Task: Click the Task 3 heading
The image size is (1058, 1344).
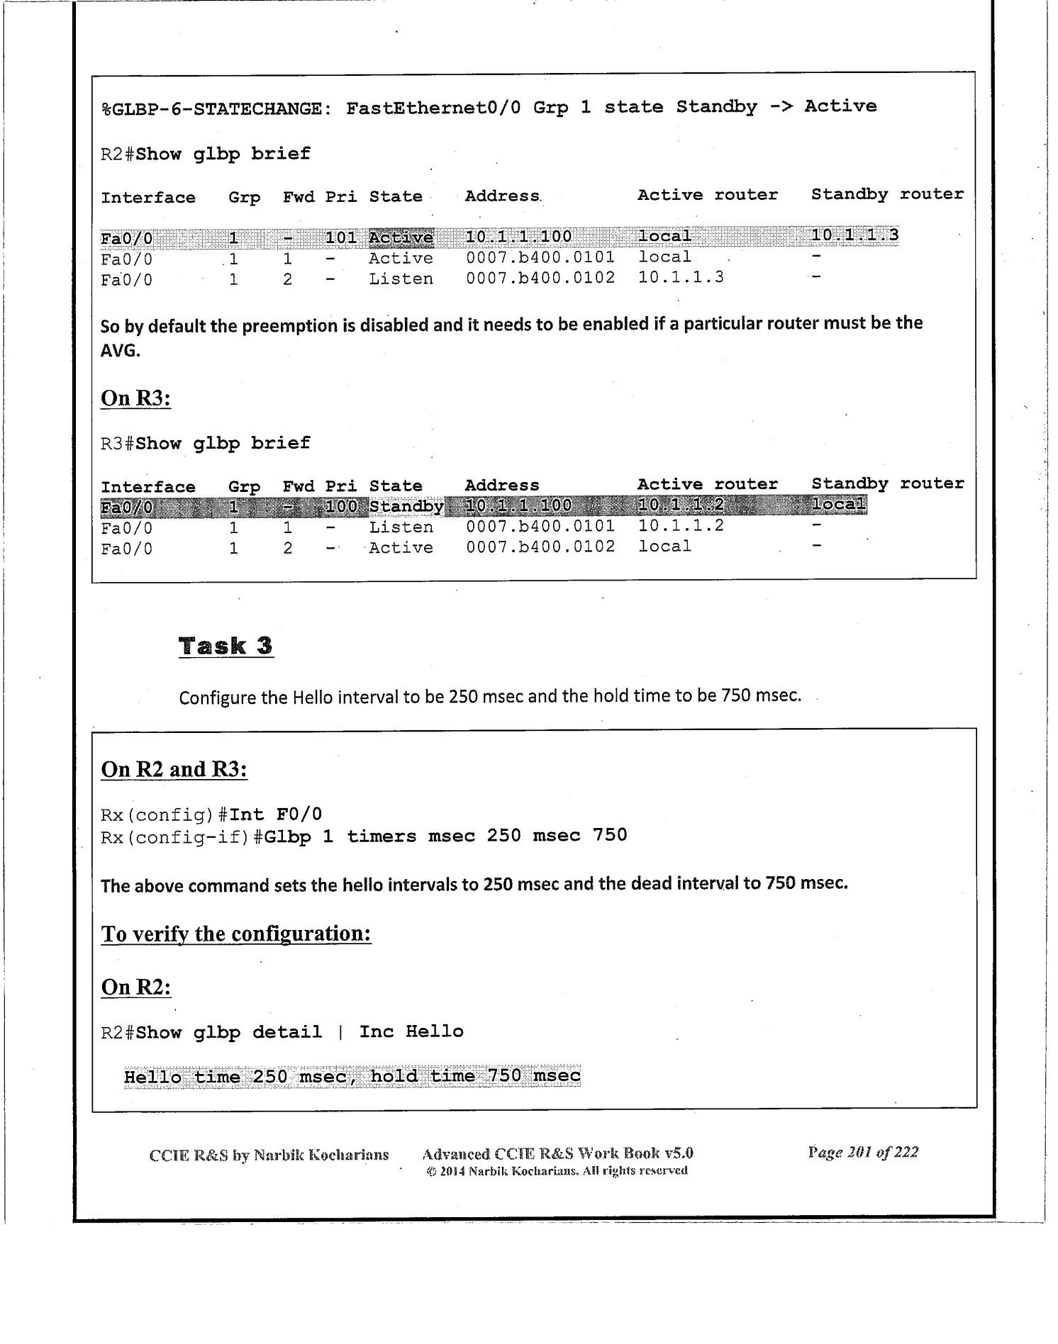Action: tap(225, 646)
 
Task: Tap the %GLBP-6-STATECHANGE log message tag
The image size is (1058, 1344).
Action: tap(216, 109)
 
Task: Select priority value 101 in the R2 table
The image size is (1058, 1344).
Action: tap(340, 237)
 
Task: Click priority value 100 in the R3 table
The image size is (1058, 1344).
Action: tap(340, 506)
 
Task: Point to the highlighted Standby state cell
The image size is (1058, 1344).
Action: tap(406, 506)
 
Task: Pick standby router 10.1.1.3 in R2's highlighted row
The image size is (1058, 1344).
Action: tap(854, 235)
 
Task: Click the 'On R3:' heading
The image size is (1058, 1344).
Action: tap(136, 398)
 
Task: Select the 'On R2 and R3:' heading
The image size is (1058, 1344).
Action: tap(174, 769)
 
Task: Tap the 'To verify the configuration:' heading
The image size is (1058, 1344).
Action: tap(236, 934)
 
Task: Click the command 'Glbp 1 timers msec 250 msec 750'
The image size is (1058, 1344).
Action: tap(445, 836)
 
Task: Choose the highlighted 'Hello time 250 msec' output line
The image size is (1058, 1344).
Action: tap(352, 1076)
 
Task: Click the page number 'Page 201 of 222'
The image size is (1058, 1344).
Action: tap(863, 1152)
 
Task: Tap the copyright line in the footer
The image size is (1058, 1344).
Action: tap(557, 1170)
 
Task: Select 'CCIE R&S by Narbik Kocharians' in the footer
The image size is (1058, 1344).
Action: tap(269, 1155)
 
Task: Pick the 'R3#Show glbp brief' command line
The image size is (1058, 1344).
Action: tap(206, 444)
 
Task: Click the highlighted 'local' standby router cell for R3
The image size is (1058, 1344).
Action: tap(838, 504)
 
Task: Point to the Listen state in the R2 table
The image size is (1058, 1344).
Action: tap(401, 279)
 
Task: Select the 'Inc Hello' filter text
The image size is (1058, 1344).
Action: tap(411, 1031)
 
